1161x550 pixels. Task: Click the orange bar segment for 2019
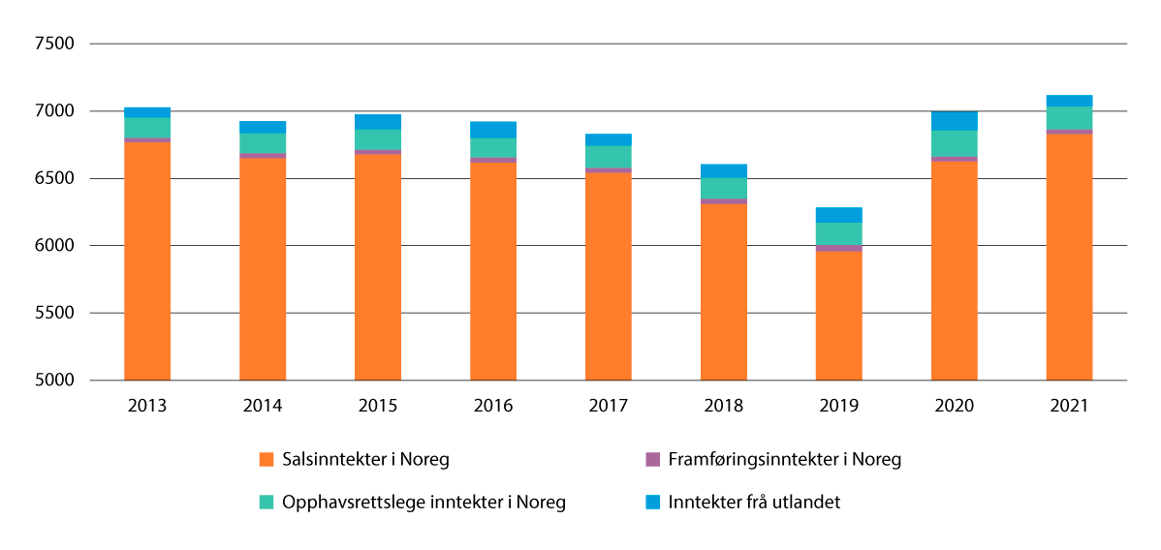click(x=838, y=316)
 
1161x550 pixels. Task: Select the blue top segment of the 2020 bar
click(x=954, y=121)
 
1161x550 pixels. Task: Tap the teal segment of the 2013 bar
click(x=147, y=128)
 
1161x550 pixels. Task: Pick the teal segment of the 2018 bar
click(x=723, y=188)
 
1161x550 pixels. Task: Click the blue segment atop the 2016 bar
click(x=492, y=130)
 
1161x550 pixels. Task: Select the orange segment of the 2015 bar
click(x=377, y=266)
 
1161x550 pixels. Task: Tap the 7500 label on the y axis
click(x=55, y=45)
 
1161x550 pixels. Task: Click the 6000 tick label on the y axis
click(x=55, y=246)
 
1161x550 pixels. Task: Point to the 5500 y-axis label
click(x=55, y=313)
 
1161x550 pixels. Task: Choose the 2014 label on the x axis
click(x=263, y=407)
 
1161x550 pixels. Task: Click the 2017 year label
click(x=608, y=407)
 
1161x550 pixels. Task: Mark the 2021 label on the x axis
click(x=1069, y=407)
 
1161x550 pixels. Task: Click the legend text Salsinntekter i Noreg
click(x=365, y=460)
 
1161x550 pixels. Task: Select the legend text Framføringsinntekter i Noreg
click(x=785, y=460)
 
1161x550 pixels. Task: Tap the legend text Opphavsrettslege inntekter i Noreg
click(x=424, y=503)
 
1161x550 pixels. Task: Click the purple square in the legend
click(x=653, y=460)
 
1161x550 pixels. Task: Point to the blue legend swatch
click(x=653, y=503)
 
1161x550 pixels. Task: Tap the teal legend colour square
click(x=267, y=503)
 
